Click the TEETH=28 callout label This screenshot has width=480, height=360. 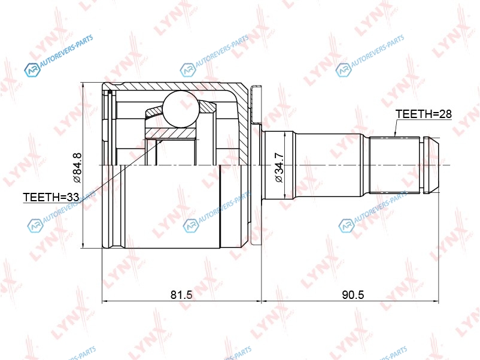[x=424, y=114]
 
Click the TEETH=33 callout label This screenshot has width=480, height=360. [x=51, y=197]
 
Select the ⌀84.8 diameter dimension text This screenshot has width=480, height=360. [x=77, y=168]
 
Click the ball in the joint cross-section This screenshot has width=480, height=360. [x=180, y=109]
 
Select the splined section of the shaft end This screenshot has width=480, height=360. [x=396, y=165]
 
